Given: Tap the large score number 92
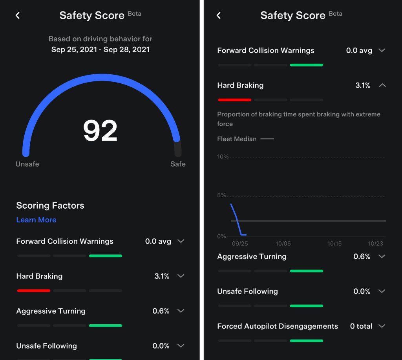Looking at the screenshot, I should pyautogui.click(x=100, y=131).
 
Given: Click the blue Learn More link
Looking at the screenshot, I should pyautogui.click(x=36, y=220).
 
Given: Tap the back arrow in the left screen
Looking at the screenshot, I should pyautogui.click(x=18, y=15).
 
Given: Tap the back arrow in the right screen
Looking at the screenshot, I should pyautogui.click(x=219, y=15).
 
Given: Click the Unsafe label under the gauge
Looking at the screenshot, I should pyautogui.click(x=27, y=164).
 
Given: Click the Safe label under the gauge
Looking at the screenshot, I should pyautogui.click(x=178, y=164).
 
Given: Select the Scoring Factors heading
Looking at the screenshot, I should pyautogui.click(x=50, y=206).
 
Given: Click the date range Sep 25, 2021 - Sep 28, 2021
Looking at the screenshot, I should pyautogui.click(x=100, y=50).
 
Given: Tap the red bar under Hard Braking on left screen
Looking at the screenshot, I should pyautogui.click(x=34, y=291).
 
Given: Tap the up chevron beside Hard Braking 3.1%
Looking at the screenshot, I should pyautogui.click(x=382, y=85).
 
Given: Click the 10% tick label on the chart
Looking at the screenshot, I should pyautogui.click(x=223, y=157).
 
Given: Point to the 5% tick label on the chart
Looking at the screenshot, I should pyautogui.click(x=221, y=195).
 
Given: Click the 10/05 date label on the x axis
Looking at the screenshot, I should pyautogui.click(x=283, y=244).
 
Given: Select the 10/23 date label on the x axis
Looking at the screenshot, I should pyautogui.click(x=375, y=244).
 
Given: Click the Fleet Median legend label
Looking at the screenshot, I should pyautogui.click(x=237, y=139).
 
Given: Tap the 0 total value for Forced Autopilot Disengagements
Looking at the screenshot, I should pyautogui.click(x=361, y=326).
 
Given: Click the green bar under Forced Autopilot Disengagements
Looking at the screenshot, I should pyautogui.click(x=306, y=341).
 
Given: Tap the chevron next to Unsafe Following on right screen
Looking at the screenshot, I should pyautogui.click(x=382, y=291).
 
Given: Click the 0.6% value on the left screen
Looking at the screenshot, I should pyautogui.click(x=161, y=311).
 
